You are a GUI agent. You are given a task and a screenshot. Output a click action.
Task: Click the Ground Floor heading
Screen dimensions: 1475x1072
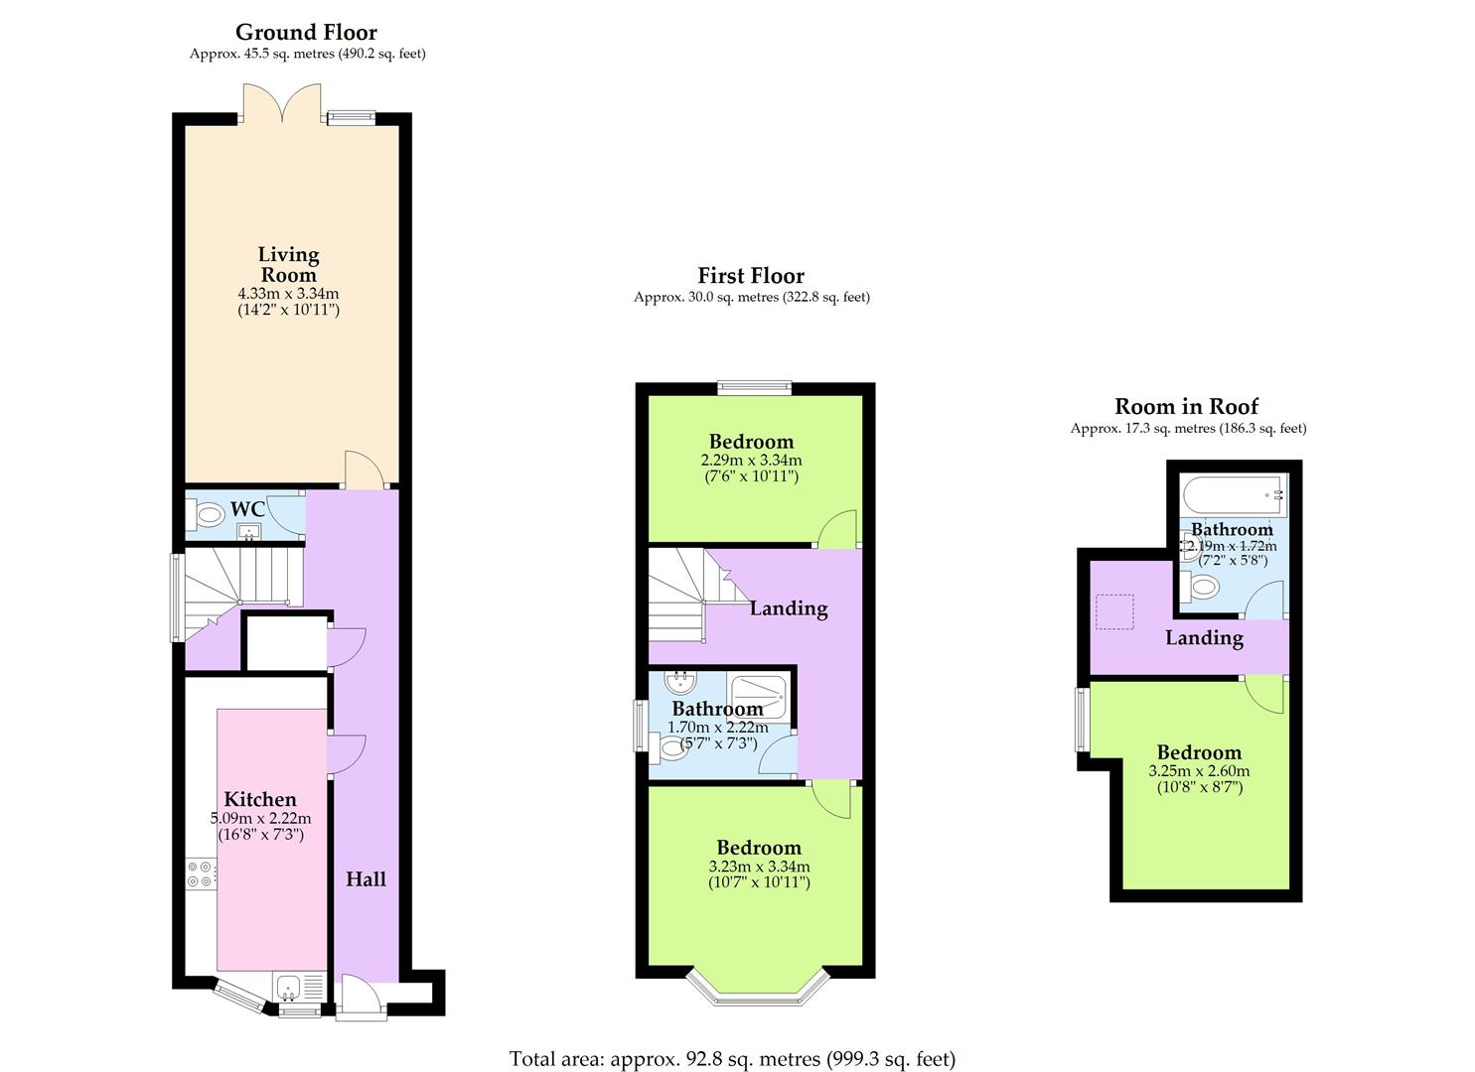[306, 32]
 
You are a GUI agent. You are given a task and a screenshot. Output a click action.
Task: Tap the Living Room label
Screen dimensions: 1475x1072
[288, 265]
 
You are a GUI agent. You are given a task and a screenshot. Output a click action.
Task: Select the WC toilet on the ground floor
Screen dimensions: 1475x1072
[208, 515]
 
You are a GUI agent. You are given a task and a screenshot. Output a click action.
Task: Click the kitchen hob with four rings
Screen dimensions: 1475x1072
[199, 872]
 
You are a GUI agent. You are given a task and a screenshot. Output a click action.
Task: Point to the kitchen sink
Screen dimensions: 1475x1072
[289, 988]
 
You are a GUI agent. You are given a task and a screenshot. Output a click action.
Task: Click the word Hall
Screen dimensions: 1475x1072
[366, 879]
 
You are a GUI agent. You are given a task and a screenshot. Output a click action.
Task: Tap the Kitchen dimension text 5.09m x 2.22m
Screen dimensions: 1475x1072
[260, 819]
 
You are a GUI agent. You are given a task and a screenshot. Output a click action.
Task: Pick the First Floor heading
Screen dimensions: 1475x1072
[751, 275]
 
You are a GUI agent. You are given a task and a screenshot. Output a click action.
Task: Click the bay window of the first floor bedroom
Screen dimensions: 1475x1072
[757, 987]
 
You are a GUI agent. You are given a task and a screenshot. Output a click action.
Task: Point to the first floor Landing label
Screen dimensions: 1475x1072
[789, 608]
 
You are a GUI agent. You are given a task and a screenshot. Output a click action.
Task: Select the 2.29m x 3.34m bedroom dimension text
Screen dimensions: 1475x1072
[751, 461]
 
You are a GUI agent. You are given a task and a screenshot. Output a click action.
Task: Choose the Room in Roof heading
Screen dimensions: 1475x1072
[1186, 406]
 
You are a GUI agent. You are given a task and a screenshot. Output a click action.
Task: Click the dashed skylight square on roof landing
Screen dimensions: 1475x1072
[1113, 611]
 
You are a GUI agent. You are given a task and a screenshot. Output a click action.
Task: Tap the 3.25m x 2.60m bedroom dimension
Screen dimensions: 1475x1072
[1199, 771]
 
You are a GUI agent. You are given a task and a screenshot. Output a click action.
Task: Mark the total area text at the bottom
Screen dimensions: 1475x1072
[732, 1059]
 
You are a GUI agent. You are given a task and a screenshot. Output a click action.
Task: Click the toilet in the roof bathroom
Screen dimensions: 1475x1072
[1201, 587]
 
